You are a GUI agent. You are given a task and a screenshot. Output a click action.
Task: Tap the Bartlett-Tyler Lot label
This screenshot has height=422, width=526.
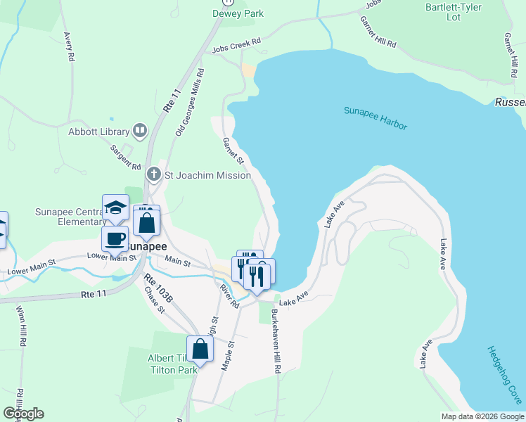point(453,12)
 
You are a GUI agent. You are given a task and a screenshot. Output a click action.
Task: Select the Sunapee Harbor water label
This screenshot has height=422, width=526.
point(376,118)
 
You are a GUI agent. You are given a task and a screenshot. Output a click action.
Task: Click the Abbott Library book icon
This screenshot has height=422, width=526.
point(141,131)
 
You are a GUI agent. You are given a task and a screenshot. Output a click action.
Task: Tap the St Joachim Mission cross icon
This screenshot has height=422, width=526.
point(154,174)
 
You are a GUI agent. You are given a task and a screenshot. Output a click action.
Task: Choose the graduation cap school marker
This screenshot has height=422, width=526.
point(115,208)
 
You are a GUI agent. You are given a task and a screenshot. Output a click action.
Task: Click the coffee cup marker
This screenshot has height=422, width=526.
point(115,238)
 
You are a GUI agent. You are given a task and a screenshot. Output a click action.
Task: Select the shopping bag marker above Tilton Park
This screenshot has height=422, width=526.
point(200,349)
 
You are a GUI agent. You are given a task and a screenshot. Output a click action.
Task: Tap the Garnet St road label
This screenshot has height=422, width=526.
point(233,151)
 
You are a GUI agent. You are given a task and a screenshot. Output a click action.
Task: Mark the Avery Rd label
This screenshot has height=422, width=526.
point(68,46)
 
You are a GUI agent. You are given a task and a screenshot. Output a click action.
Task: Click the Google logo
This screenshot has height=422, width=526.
point(23,414)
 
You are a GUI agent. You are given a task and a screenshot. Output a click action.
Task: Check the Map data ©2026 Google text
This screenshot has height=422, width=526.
point(482,416)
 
